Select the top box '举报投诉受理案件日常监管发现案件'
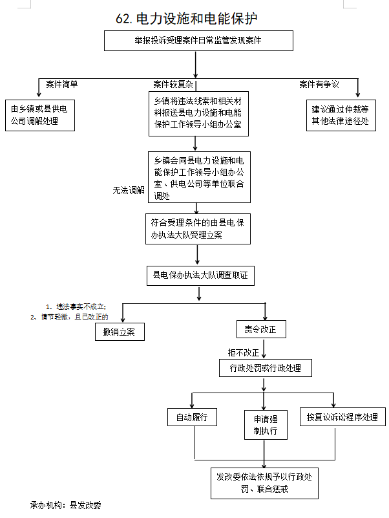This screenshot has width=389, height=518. [x=198, y=40]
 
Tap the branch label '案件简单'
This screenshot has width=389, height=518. [x=62, y=84]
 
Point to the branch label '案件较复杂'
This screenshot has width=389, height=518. [x=173, y=84]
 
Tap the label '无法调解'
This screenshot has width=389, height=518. [x=129, y=190]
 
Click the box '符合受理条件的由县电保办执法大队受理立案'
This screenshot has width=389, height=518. [x=198, y=228]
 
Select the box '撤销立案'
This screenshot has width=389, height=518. [x=119, y=331]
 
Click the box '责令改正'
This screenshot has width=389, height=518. [x=260, y=329]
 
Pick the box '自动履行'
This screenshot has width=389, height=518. [x=192, y=417]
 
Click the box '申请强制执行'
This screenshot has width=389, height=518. [x=265, y=424]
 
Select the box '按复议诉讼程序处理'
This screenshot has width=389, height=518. [x=342, y=417]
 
